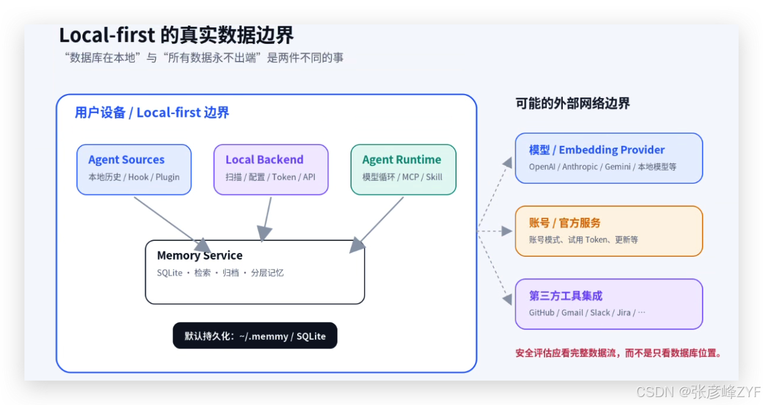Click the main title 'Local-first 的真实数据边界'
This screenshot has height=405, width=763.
(x=176, y=35)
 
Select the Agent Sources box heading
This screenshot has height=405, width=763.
(x=126, y=160)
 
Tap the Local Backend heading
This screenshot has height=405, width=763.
(x=264, y=160)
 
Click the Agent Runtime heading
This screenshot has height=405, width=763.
(x=402, y=160)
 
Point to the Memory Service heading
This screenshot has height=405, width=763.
(x=200, y=255)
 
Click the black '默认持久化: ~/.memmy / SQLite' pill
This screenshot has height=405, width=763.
(x=255, y=335)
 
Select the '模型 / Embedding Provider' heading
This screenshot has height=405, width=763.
(x=597, y=150)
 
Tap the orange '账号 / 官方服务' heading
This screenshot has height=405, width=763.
(x=565, y=223)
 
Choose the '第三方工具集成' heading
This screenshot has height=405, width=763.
(x=565, y=296)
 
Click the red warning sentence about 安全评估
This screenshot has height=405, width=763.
(x=618, y=353)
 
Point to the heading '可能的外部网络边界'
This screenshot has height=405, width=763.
(x=573, y=103)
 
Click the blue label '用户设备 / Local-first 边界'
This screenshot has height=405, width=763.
(x=152, y=113)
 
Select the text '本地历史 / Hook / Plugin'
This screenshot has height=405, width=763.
(x=134, y=177)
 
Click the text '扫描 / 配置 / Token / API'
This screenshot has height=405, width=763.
(x=270, y=177)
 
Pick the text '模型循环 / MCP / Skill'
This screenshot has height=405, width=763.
(x=402, y=177)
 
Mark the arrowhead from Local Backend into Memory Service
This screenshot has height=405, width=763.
(x=264, y=234)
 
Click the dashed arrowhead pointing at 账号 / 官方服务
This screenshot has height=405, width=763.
(x=507, y=231)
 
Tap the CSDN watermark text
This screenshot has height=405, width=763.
(x=698, y=392)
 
